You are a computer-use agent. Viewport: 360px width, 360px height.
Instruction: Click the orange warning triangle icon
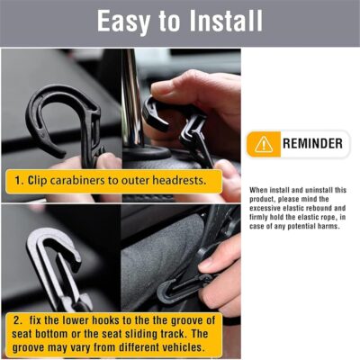pyautogui.click(x=264, y=144)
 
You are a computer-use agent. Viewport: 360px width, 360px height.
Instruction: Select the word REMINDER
pyautogui.click(x=310, y=144)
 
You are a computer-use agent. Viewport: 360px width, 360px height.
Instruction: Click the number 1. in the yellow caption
pyautogui.click(x=18, y=180)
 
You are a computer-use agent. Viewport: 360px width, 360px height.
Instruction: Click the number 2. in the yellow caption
pyautogui.click(x=18, y=319)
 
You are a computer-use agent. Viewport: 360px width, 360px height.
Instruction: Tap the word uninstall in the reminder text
pyautogui.click(x=310, y=190)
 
